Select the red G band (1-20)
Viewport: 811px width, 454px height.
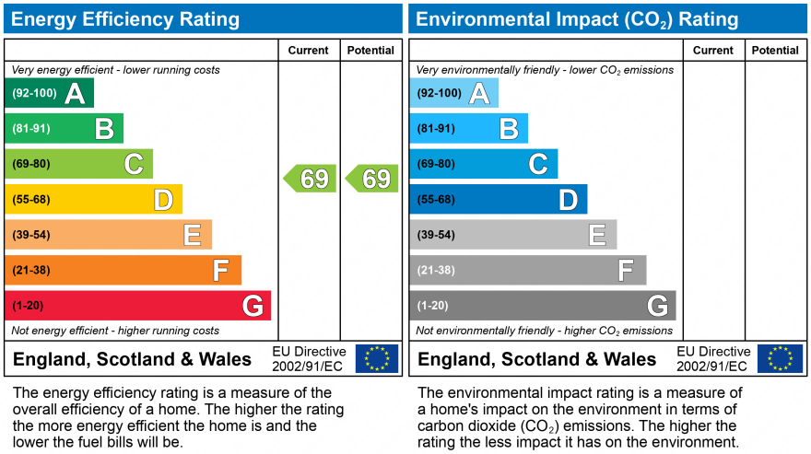138,306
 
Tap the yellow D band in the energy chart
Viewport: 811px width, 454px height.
93,200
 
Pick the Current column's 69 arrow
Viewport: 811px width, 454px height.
310,179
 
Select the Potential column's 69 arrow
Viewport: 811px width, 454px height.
372,179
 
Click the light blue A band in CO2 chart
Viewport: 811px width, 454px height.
453,93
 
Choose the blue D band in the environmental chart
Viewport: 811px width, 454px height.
498,200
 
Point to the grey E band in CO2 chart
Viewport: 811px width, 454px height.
512,235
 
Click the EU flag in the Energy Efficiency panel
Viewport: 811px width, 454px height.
377,358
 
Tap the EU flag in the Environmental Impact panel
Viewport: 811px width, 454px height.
780,358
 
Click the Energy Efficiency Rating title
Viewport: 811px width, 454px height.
125,19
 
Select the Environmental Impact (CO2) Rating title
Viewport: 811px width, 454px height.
578,19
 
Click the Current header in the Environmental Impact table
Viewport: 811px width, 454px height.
713,51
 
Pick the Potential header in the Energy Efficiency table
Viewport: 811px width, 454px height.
370,51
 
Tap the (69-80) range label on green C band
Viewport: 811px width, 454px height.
31,164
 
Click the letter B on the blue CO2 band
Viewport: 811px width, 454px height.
508,129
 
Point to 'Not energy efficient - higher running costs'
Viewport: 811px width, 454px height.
115,331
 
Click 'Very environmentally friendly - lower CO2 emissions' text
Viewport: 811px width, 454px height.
545,70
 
